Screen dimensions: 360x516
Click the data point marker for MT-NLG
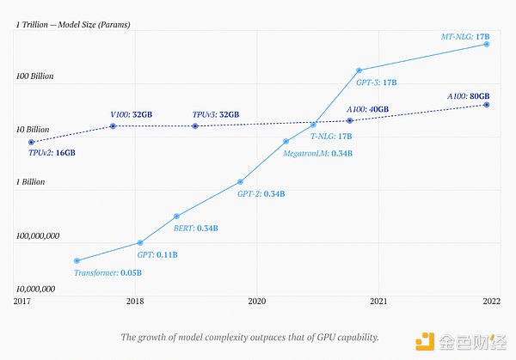pyautogui.click(x=487, y=44)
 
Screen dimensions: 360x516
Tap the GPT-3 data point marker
pyautogui.click(x=359, y=70)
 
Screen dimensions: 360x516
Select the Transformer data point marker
pyautogui.click(x=77, y=260)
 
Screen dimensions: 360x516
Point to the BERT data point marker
pyautogui.click(x=176, y=216)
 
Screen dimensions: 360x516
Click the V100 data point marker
pyautogui.click(x=114, y=126)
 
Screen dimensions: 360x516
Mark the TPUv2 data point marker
pyautogui.click(x=32, y=142)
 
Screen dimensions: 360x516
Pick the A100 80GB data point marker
pyautogui.click(x=487, y=105)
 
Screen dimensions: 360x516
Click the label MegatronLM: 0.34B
pyautogui.click(x=318, y=154)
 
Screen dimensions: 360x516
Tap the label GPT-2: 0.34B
pyautogui.click(x=261, y=194)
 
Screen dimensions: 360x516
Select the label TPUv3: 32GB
pyautogui.click(x=216, y=114)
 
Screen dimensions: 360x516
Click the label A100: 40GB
pyautogui.click(x=367, y=110)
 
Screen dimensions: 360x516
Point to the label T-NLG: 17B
pyautogui.click(x=332, y=137)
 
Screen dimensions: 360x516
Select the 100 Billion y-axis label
pyautogui.click(x=34, y=76)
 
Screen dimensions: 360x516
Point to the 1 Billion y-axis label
pyautogui.click(x=30, y=182)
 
